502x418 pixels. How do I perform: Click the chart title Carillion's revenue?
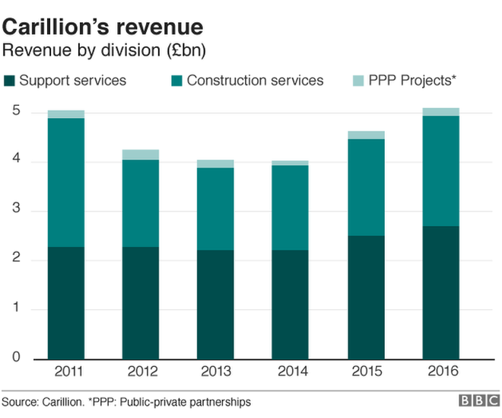(x=103, y=27)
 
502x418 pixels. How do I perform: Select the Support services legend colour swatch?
(x=9, y=81)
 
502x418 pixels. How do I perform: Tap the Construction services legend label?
(x=255, y=81)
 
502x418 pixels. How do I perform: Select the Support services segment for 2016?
(x=441, y=292)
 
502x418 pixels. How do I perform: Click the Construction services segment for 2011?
(x=65, y=183)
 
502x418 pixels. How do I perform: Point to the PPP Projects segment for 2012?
(x=141, y=155)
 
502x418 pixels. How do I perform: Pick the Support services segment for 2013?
(x=216, y=305)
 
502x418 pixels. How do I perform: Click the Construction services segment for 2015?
(x=366, y=187)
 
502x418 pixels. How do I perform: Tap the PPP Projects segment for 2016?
(x=441, y=112)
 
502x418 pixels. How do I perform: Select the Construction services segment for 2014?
(x=291, y=207)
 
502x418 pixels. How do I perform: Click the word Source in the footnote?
(x=18, y=401)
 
